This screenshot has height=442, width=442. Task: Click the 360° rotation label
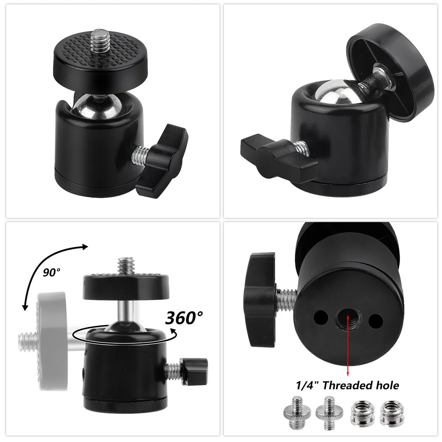pos(184,318)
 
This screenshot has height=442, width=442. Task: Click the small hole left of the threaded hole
pos(321,318)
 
